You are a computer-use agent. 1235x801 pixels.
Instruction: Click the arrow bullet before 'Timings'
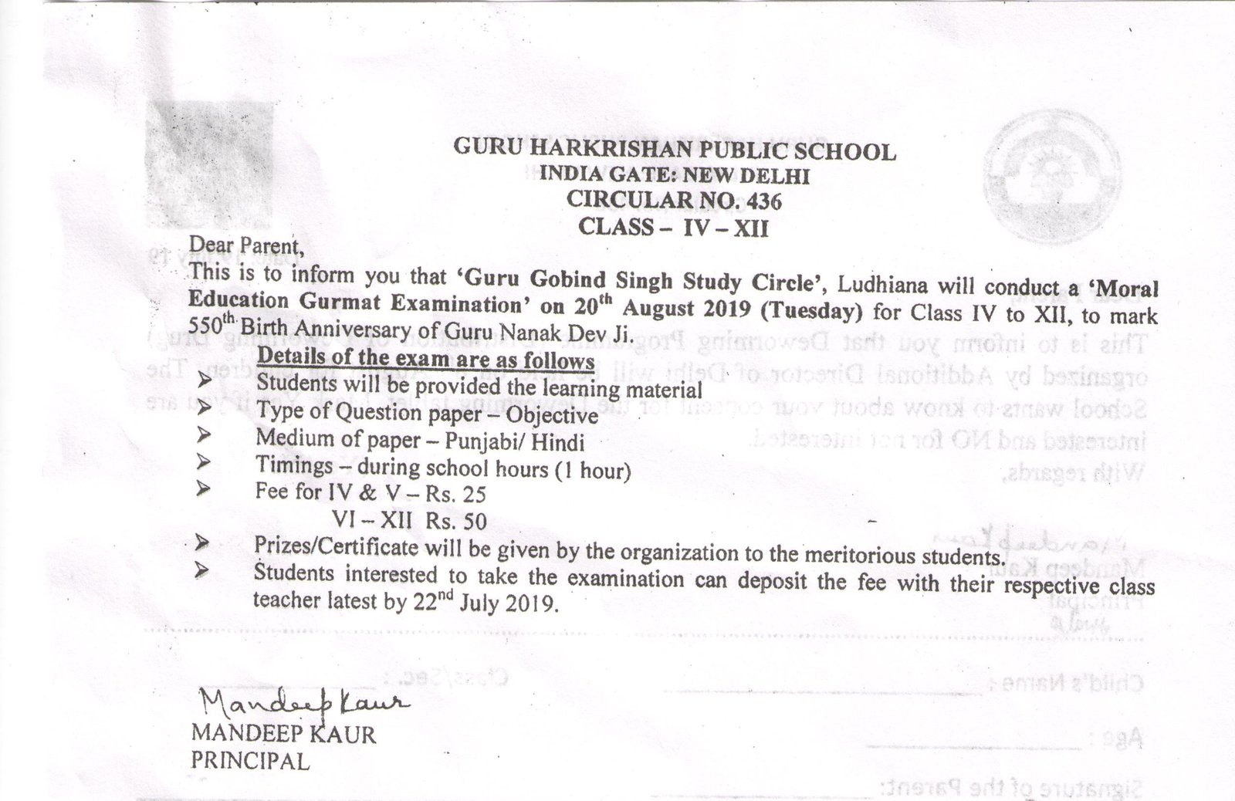pyautogui.click(x=205, y=464)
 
